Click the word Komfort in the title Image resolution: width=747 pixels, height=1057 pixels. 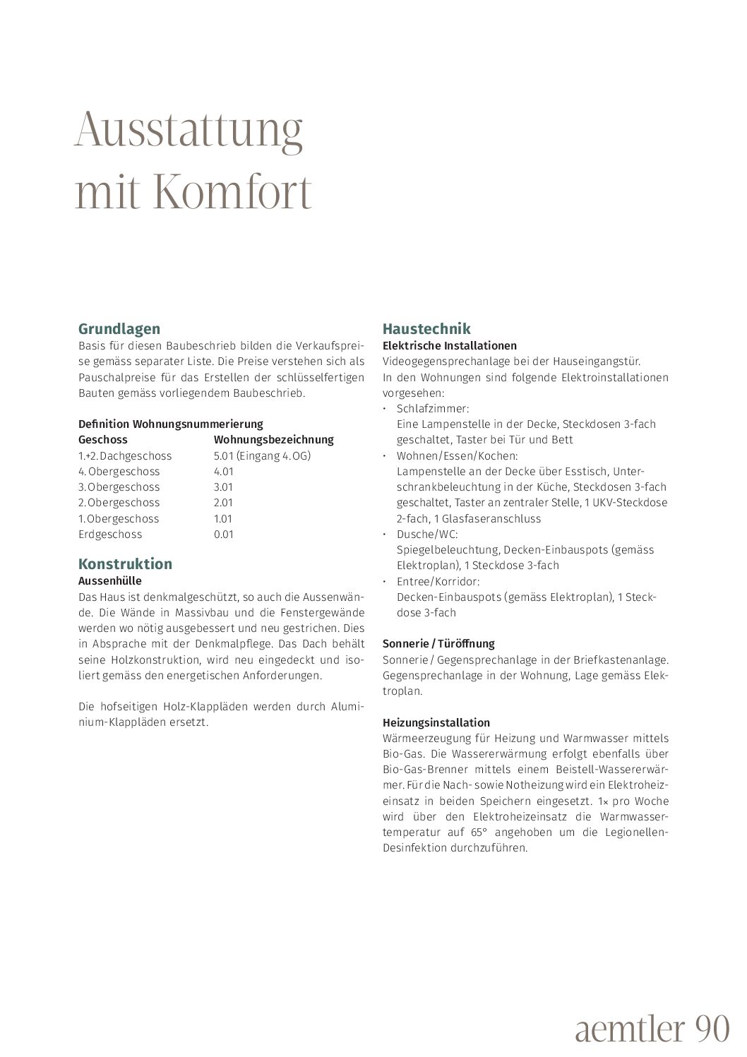pyautogui.click(x=231, y=191)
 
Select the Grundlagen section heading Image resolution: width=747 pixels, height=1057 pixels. pyautogui.click(x=119, y=329)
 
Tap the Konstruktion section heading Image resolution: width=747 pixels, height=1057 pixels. pyautogui.click(x=125, y=564)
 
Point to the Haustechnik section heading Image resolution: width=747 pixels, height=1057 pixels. pyautogui.click(x=426, y=329)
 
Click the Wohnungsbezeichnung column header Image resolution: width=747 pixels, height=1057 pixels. pyautogui.click(x=273, y=440)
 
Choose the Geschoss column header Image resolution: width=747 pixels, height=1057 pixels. pyautogui.click(x=103, y=440)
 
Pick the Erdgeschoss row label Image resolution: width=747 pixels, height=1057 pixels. pyautogui.click(x=110, y=535)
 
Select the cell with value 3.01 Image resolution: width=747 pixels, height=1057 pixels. pyautogui.click(x=223, y=487)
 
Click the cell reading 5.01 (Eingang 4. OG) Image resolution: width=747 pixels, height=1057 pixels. pyautogui.click(x=262, y=455)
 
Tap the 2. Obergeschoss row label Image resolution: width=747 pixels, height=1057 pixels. pyautogui.click(x=119, y=503)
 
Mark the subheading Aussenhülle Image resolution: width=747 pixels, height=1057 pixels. pyautogui.click(x=109, y=581)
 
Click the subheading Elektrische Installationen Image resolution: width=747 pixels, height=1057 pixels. pyautogui.click(x=449, y=346)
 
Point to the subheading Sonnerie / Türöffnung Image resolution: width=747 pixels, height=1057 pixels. pyautogui.click(x=438, y=644)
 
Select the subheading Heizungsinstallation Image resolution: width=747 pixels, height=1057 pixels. pyautogui.click(x=436, y=723)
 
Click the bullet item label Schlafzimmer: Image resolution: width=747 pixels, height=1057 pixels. pyautogui.click(x=433, y=409)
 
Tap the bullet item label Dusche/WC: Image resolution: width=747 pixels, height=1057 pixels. pyautogui.click(x=427, y=535)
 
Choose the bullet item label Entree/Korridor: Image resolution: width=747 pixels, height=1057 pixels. pyautogui.click(x=438, y=582)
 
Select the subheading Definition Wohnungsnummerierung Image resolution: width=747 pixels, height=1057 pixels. pyautogui.click(x=170, y=424)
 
